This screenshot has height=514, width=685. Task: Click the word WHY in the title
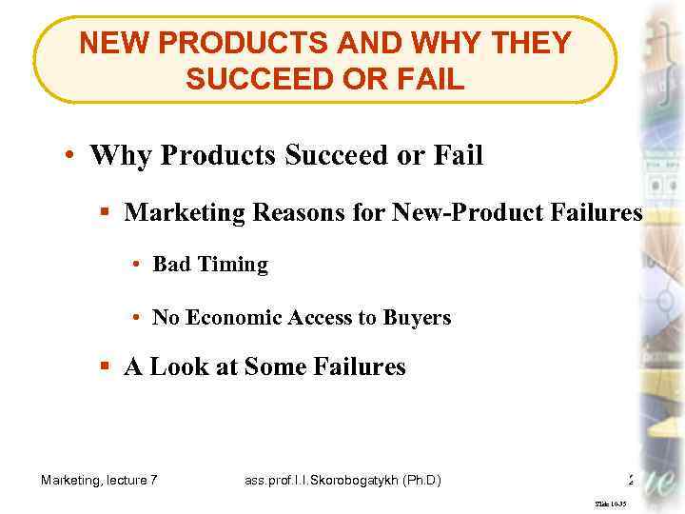pyautogui.click(x=415, y=44)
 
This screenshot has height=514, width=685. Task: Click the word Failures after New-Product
pyautogui.click(x=598, y=212)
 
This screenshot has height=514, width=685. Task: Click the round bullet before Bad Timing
pyautogui.click(x=139, y=266)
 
